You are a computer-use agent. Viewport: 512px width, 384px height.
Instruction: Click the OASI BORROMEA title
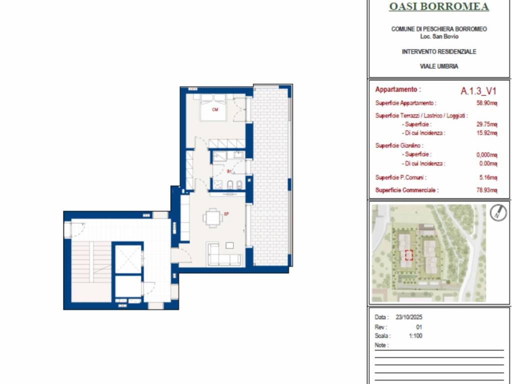click(439, 6)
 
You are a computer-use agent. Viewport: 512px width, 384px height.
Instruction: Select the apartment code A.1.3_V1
click(478, 91)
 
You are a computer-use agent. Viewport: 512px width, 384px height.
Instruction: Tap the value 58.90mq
click(486, 103)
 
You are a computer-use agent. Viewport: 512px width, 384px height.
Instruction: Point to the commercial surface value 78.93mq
click(486, 190)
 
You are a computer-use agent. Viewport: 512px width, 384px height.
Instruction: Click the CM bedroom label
click(215, 109)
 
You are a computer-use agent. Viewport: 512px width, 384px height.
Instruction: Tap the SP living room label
click(226, 214)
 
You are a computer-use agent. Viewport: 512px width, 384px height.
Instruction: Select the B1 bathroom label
click(229, 171)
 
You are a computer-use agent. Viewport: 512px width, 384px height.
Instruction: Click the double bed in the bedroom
click(213, 107)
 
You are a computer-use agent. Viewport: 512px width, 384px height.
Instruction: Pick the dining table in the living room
click(213, 218)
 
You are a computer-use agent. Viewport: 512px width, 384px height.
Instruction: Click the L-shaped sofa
click(224, 254)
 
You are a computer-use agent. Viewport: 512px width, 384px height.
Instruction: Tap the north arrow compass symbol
click(498, 213)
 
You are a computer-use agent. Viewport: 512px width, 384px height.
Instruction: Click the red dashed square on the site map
click(409, 255)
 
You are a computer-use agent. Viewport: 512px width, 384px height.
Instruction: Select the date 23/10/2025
click(409, 317)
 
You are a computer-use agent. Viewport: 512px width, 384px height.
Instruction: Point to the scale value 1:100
click(415, 335)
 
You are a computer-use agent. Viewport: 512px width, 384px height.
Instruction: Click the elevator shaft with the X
click(128, 258)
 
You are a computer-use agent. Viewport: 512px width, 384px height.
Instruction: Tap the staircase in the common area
click(91, 271)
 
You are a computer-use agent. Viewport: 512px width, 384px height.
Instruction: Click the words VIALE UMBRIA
click(439, 66)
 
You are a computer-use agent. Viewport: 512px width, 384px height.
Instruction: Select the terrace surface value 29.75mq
click(486, 124)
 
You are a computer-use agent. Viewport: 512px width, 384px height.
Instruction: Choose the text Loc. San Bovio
click(439, 36)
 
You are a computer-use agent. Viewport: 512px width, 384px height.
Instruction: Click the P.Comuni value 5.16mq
click(488, 177)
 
